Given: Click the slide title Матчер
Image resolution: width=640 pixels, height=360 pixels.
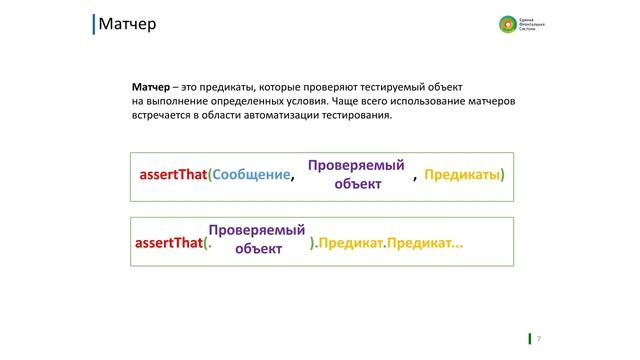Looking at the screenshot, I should (x=127, y=23).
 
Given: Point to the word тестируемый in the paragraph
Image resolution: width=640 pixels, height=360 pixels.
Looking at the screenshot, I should (x=388, y=87).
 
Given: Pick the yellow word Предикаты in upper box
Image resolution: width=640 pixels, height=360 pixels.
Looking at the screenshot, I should (x=462, y=175).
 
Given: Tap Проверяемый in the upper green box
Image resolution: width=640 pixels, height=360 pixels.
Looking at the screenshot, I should (x=355, y=165).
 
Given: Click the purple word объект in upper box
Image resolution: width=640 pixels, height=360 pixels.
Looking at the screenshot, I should (x=358, y=184).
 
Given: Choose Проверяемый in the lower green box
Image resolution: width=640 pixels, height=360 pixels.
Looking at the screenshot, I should (x=257, y=231).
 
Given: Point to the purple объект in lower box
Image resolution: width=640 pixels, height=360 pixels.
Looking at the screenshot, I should (x=258, y=250).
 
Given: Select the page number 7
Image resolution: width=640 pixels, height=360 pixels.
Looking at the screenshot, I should (x=539, y=338).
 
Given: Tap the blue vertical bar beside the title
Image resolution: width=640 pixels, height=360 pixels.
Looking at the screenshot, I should (x=93, y=23).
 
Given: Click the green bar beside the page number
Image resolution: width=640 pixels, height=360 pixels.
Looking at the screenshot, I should (x=529, y=338).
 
